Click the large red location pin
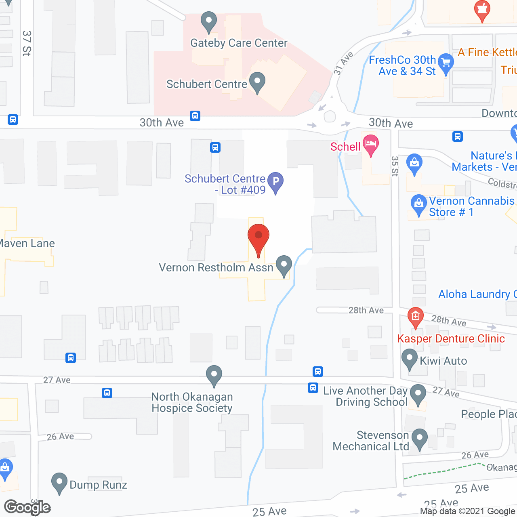[258, 238]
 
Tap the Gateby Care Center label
[239, 43]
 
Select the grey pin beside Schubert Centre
[257, 82]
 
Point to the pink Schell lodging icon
[370, 145]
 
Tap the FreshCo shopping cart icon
[446, 63]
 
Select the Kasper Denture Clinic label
[451, 338]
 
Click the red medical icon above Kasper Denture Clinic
[415, 317]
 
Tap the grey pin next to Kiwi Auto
[409, 359]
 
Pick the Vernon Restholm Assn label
[216, 267]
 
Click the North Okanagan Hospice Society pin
[214, 375]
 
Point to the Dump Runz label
[98, 485]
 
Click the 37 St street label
[27, 43]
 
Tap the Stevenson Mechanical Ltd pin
[420, 438]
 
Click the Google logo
[27, 507]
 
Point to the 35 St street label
[395, 166]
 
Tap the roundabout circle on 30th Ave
[330, 116]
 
